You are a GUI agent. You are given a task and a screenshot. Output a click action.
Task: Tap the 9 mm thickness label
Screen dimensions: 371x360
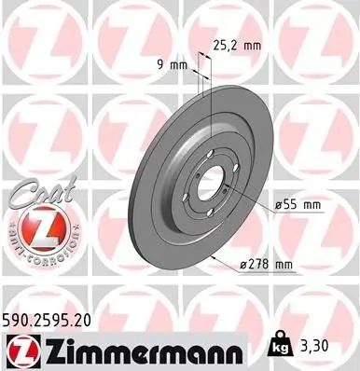[173, 64]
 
